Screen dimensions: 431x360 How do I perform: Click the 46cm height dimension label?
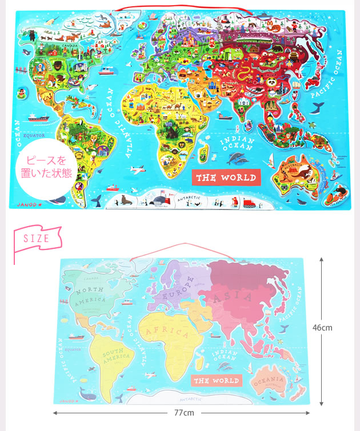pyautogui.click(x=322, y=328)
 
